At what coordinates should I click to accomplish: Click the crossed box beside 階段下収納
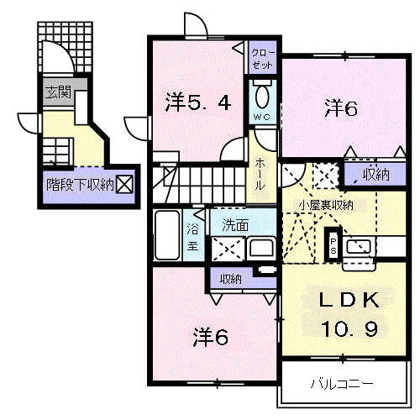tap(123, 184)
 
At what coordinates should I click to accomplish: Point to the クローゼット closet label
tap(262, 58)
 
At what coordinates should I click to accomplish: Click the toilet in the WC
tap(262, 94)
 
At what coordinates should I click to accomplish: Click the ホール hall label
tap(262, 171)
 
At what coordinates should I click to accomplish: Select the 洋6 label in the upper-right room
tap(342, 108)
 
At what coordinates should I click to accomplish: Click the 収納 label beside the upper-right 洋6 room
tap(375, 174)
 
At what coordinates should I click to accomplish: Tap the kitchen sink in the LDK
tap(360, 246)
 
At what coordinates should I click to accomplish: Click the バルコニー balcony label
tap(342, 385)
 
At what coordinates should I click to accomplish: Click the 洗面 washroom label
tap(234, 225)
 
